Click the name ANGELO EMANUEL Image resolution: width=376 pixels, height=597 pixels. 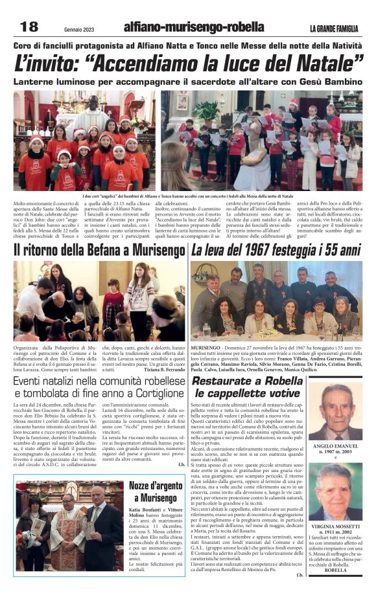[x=340, y=446]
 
